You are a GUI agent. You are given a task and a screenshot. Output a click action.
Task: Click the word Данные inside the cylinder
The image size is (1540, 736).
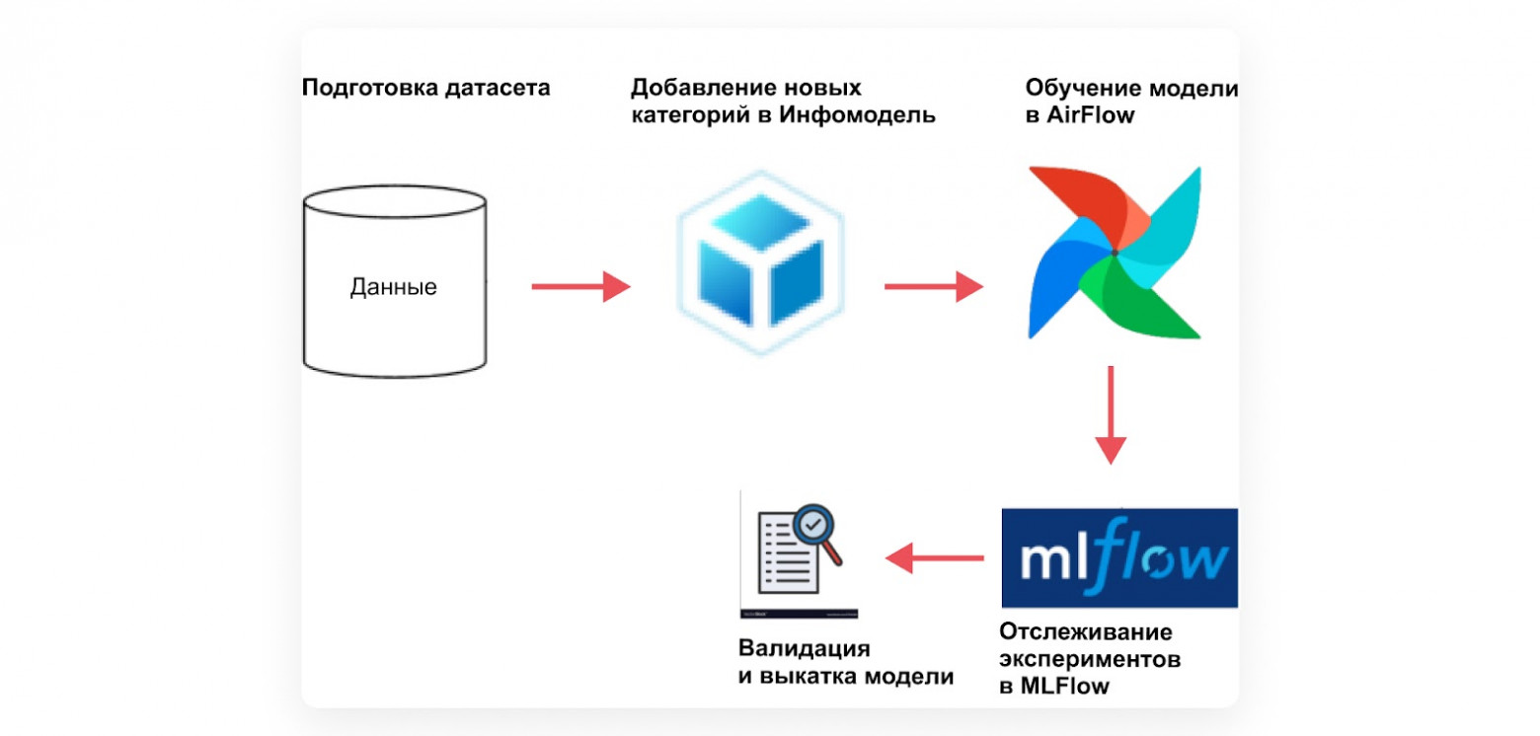(393, 289)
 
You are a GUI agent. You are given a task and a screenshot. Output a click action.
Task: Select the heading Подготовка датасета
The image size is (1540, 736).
(425, 88)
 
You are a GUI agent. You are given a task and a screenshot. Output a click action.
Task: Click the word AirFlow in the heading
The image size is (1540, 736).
(1083, 115)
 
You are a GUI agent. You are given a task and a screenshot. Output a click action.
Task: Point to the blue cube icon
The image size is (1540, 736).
(759, 264)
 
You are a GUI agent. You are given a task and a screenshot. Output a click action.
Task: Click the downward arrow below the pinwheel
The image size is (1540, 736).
(1112, 414)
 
